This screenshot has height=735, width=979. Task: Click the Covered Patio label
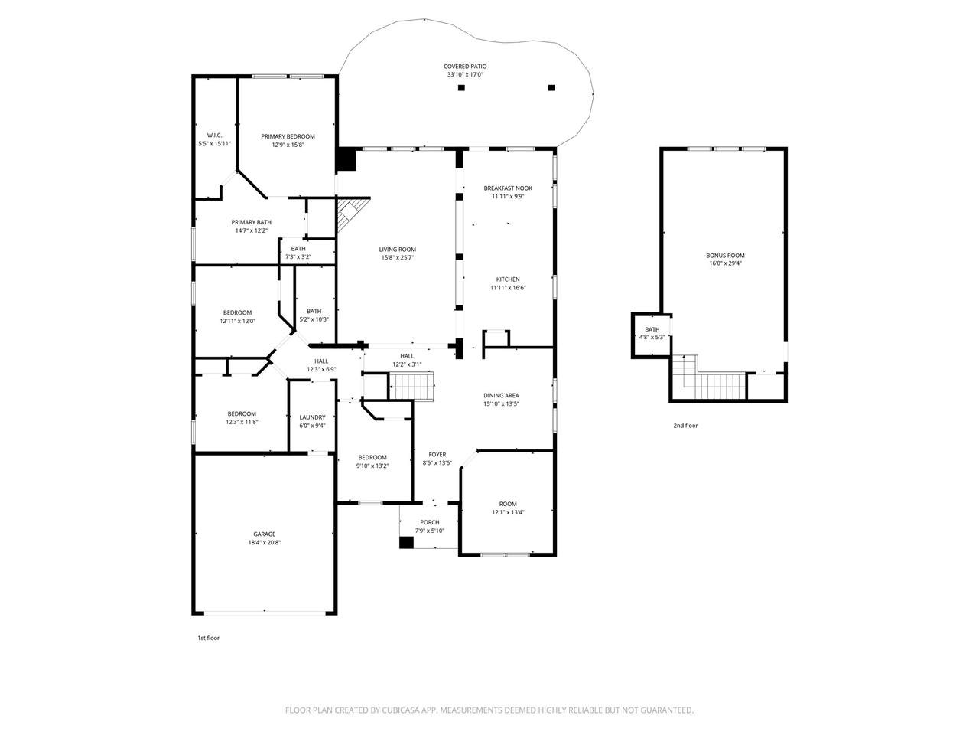465,67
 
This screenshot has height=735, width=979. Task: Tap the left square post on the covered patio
462,88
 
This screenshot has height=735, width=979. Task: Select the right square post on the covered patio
551,88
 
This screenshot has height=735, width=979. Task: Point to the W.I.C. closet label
214,136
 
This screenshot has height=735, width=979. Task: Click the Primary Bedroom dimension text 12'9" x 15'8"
288,145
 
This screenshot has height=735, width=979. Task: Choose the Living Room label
398,250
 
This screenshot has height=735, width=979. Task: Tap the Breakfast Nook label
508,188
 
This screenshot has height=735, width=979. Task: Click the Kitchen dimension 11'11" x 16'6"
508,288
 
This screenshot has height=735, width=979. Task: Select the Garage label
265,534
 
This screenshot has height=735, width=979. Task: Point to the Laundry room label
312,417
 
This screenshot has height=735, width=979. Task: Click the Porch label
430,522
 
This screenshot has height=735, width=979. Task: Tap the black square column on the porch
406,542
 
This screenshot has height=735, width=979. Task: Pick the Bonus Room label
725,256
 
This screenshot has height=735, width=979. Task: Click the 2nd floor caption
685,426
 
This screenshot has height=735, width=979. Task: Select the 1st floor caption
209,639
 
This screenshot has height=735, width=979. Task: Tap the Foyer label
437,455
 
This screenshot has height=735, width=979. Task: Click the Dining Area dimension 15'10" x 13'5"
501,404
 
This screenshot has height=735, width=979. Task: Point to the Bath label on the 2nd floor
652,329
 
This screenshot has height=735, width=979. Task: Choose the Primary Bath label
251,222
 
